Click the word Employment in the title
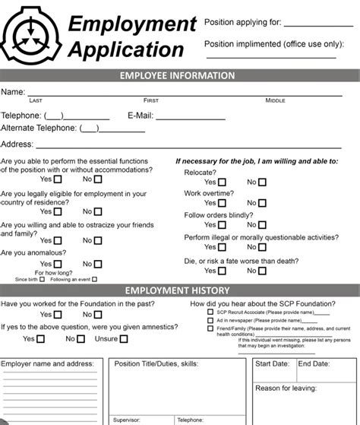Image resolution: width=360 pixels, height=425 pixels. (x=132, y=24)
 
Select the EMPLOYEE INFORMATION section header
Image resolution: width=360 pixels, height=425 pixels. (x=178, y=76)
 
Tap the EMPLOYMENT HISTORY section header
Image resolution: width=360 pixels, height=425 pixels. (x=178, y=290)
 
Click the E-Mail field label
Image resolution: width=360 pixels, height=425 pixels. (x=141, y=116)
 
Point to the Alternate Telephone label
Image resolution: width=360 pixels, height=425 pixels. (x=39, y=128)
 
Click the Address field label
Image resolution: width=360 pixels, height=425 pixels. (x=16, y=144)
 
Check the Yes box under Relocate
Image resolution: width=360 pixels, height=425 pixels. (x=221, y=182)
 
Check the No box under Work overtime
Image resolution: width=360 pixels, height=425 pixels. (x=263, y=204)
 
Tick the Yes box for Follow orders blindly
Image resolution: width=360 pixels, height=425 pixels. (x=221, y=226)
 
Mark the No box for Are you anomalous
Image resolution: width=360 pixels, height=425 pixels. (x=98, y=265)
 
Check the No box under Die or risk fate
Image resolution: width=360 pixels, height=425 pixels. (x=263, y=271)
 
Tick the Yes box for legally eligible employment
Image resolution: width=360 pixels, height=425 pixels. (x=58, y=212)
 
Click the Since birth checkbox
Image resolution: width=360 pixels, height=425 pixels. (x=44, y=280)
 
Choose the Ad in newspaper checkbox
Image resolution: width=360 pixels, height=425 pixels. (x=210, y=320)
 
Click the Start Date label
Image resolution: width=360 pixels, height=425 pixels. (x=272, y=364)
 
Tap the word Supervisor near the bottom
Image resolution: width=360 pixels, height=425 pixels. (x=126, y=420)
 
